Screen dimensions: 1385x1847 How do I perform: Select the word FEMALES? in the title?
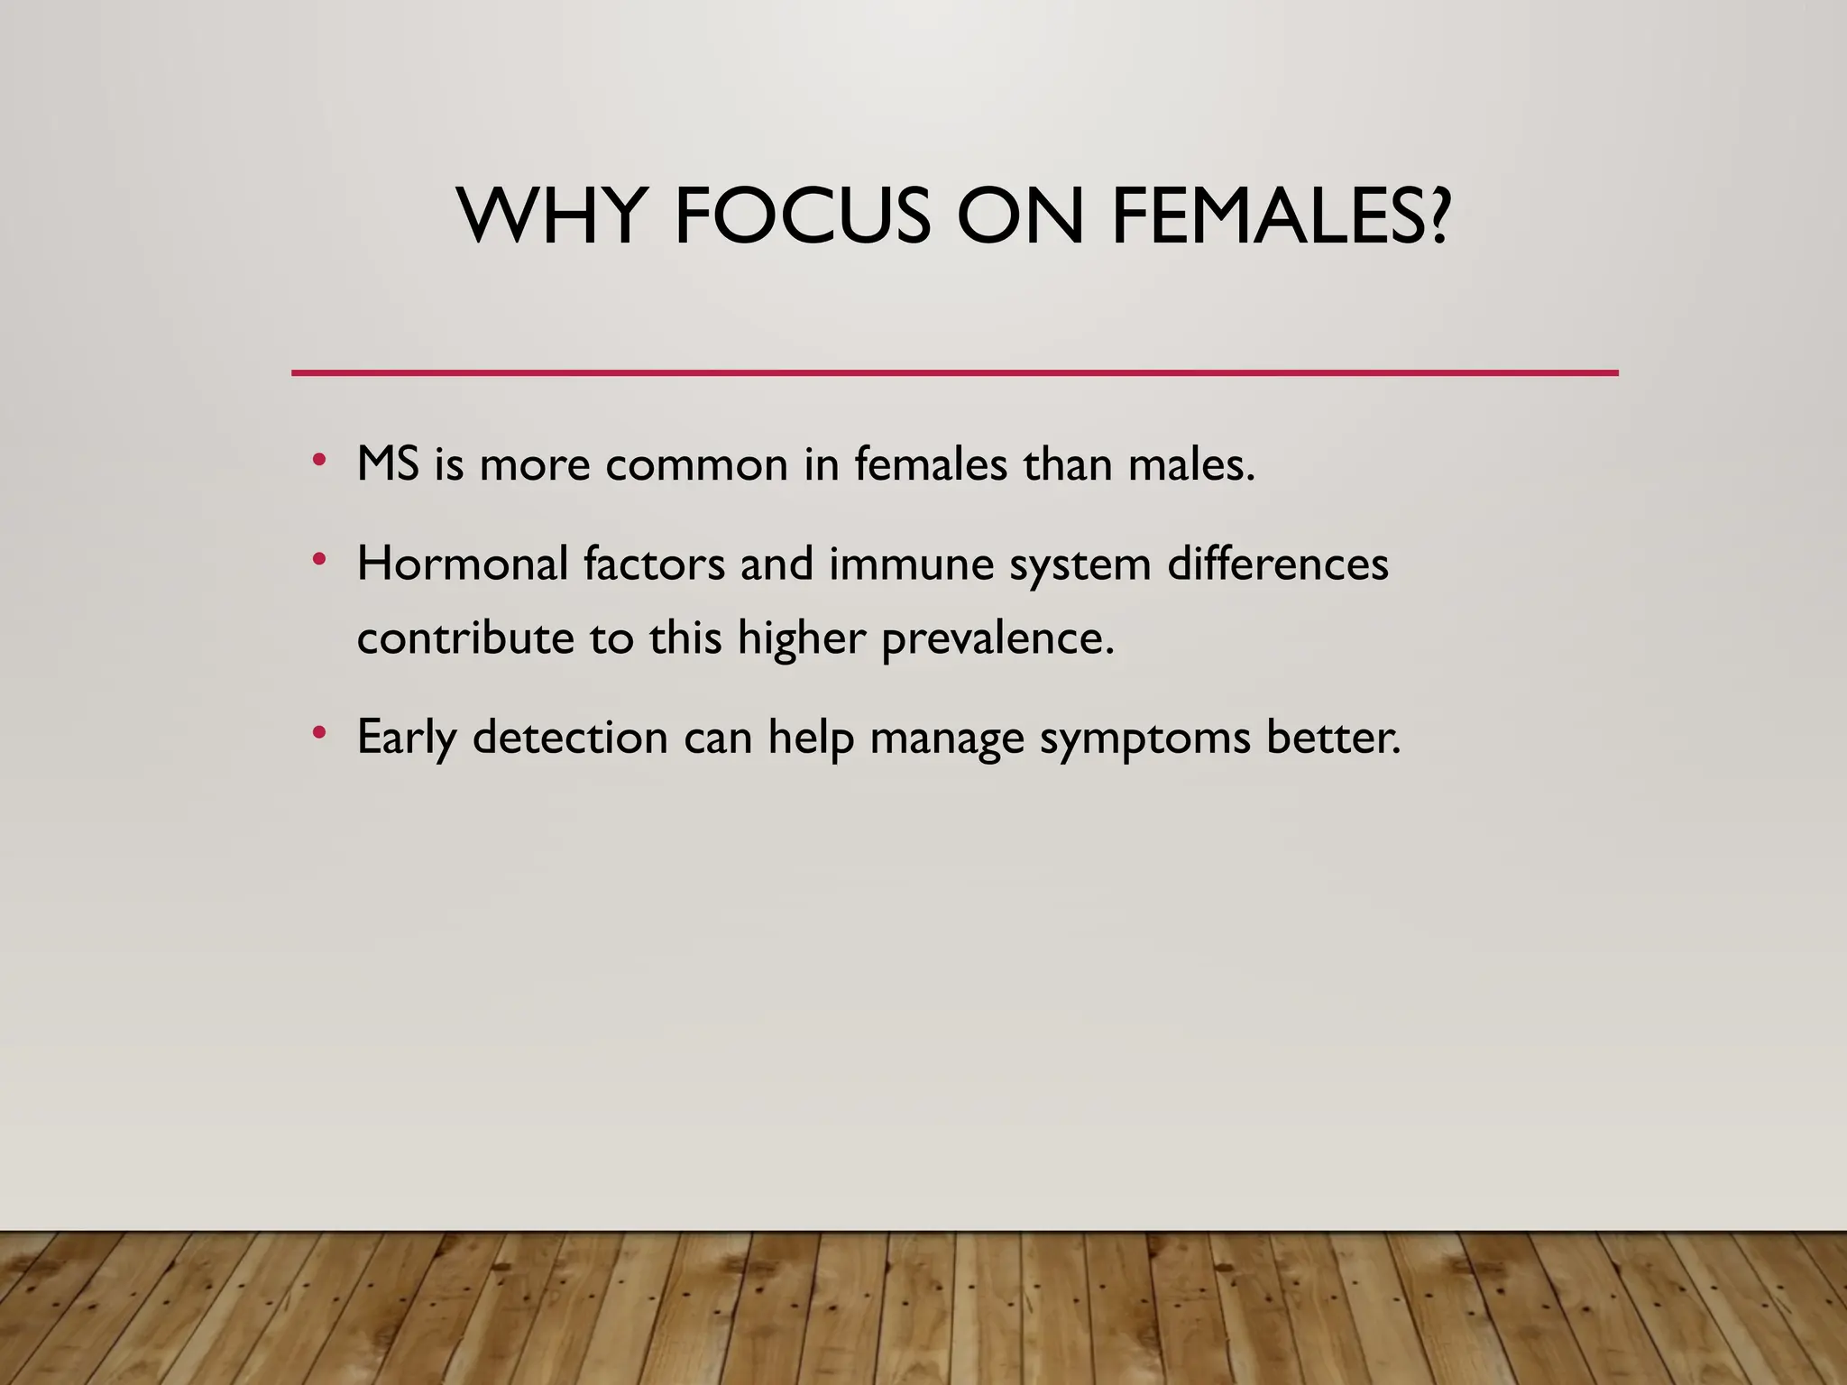[x=1281, y=216]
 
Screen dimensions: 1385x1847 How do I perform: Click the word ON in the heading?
[x=1019, y=216]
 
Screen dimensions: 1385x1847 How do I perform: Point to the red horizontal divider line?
[x=954, y=372]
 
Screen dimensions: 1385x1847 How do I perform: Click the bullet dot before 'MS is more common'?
[x=317, y=461]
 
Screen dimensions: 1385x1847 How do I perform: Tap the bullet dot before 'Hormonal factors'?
[x=317, y=560]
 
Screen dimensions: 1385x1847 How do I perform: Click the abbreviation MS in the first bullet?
[x=388, y=465]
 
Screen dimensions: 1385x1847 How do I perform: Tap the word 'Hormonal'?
[x=463, y=564]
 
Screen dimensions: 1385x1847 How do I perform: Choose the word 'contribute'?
[x=465, y=638]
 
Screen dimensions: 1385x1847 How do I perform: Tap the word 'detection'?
[x=570, y=737]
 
